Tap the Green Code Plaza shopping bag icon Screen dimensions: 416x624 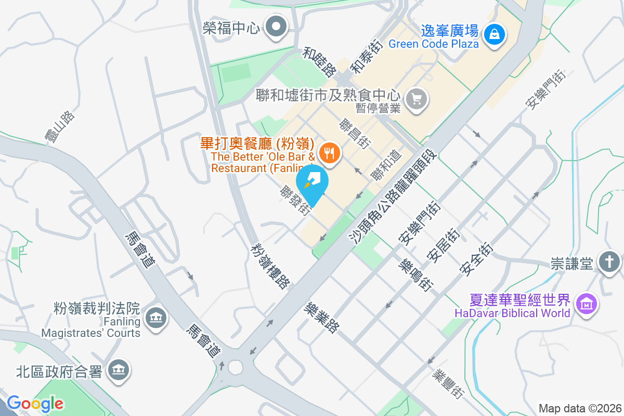492,34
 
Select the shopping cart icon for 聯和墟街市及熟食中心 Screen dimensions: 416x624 417,98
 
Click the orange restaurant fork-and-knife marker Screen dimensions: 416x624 329,153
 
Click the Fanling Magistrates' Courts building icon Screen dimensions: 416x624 155,317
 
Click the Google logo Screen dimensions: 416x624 35,404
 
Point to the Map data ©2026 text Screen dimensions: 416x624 579,409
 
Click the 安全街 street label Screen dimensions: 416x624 475,258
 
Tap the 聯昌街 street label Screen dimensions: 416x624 354,134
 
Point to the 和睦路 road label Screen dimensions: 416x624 320,61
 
